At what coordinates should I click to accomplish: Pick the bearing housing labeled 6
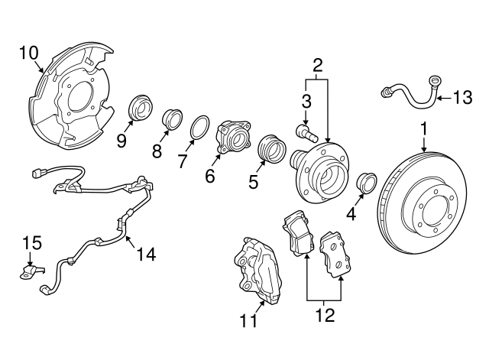(x=233, y=137)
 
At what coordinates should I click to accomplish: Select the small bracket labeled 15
(x=33, y=270)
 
